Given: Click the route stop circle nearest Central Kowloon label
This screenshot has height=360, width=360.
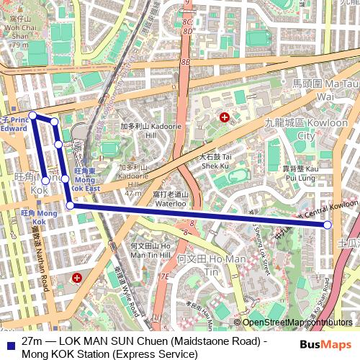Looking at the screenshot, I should pyautogui.click(x=328, y=225).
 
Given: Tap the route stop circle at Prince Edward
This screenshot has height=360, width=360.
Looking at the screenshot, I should pyautogui.click(x=32, y=115).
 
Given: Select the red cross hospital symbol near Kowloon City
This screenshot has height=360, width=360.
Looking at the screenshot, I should pyautogui.click(x=225, y=117).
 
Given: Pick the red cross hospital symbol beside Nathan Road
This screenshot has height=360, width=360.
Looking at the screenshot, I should pyautogui.click(x=77, y=277).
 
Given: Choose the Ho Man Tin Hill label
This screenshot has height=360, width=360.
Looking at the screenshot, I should pyautogui.click(x=150, y=251).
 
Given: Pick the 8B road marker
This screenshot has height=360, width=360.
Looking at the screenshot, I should pyautogui.click(x=185, y=63).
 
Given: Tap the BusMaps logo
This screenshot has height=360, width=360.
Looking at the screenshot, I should pyautogui.click(x=325, y=346).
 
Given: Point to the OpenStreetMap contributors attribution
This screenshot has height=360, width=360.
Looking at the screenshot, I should pyautogui.click(x=297, y=323).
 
